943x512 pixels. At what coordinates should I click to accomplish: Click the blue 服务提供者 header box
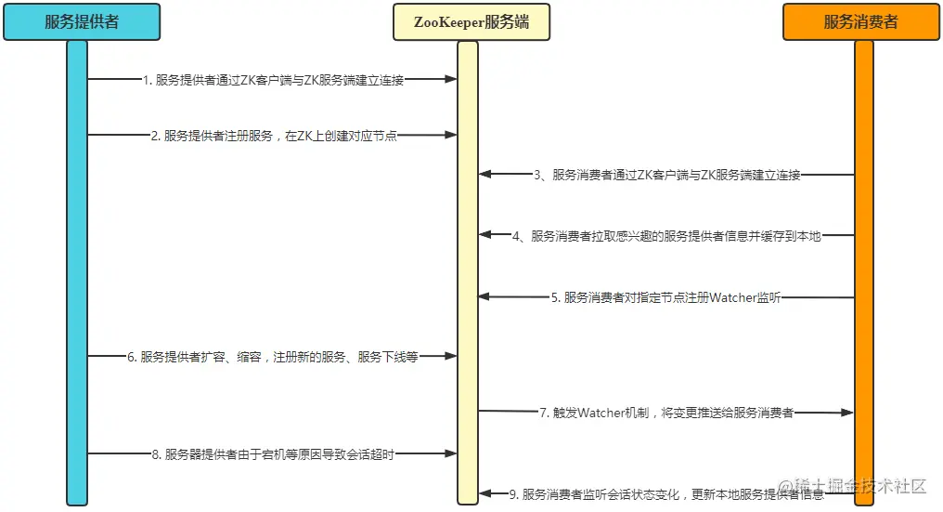click(82, 22)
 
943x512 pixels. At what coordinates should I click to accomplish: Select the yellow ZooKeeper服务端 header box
click(471, 22)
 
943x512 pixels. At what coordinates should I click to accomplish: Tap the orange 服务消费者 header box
click(861, 22)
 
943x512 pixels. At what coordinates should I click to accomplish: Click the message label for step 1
click(273, 81)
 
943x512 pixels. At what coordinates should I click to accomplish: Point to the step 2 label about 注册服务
click(274, 136)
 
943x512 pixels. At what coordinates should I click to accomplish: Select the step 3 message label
click(666, 175)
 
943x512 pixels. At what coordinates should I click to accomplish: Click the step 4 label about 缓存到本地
click(666, 236)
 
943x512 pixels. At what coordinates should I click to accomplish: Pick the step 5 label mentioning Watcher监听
click(665, 297)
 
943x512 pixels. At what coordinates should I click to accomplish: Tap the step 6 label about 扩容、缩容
click(273, 356)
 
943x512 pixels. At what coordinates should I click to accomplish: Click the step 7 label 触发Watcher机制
click(666, 412)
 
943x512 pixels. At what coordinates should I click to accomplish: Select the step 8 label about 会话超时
click(273, 454)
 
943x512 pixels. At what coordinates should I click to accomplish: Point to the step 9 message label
click(665, 494)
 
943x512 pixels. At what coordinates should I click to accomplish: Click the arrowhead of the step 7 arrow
click(846, 412)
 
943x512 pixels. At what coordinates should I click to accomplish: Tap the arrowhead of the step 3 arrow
click(484, 175)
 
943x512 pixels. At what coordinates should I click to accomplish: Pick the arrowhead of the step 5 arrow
click(484, 297)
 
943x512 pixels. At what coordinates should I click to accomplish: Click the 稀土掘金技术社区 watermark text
click(854, 486)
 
